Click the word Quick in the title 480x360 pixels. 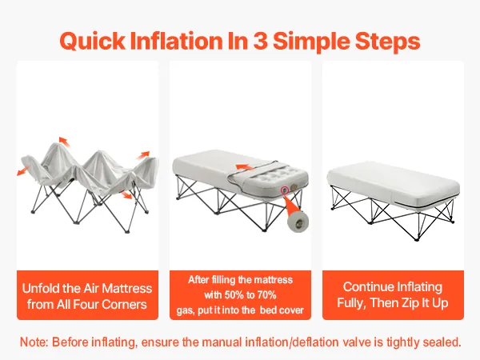point(93,41)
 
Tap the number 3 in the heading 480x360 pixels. point(260,41)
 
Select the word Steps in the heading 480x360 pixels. point(387,42)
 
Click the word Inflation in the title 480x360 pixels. point(176,41)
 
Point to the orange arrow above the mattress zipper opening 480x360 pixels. point(244,167)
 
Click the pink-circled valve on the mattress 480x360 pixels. point(285,190)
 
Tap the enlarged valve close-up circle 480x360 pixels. point(298,222)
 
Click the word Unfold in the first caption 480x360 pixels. point(40,288)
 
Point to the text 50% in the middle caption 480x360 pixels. point(234,294)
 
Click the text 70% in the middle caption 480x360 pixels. point(266,294)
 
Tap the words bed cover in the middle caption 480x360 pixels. point(282,310)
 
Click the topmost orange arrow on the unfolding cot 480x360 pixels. point(64,141)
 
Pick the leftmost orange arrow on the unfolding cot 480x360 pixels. point(24,170)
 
